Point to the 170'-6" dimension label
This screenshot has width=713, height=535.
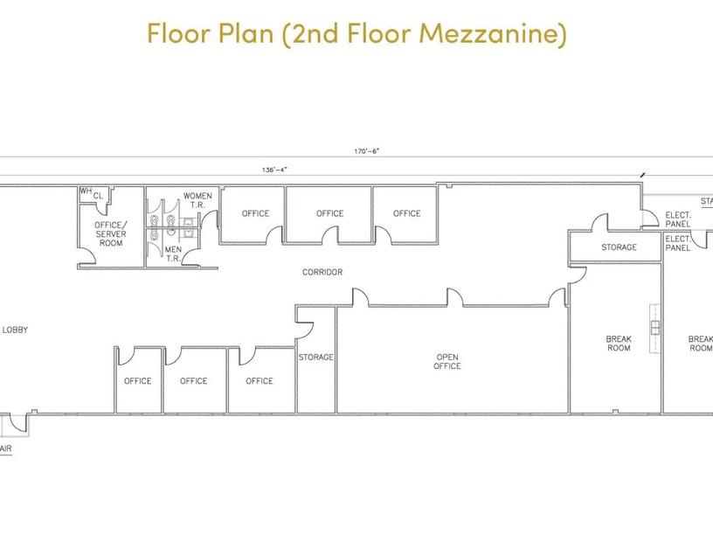point(366,151)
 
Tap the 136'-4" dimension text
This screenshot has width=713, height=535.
point(274,170)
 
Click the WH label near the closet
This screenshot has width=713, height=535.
point(86,191)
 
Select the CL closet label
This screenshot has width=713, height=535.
point(98,196)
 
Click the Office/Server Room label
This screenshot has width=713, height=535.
point(111,233)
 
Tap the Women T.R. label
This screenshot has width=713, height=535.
point(197,200)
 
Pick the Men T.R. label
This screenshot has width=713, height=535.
point(173,254)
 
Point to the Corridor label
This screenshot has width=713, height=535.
point(322,272)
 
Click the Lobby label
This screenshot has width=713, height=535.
point(15,330)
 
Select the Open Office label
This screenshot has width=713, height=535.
point(447,361)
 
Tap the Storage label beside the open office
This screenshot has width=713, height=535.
point(316,358)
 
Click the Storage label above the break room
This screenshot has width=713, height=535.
point(619,247)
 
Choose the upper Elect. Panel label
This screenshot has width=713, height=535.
point(678,219)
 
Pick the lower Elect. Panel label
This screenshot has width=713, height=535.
point(678,243)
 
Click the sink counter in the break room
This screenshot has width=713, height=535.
point(654,328)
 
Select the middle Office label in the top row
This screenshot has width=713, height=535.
point(330,213)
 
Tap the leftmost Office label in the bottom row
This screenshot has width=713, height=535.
point(138,381)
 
